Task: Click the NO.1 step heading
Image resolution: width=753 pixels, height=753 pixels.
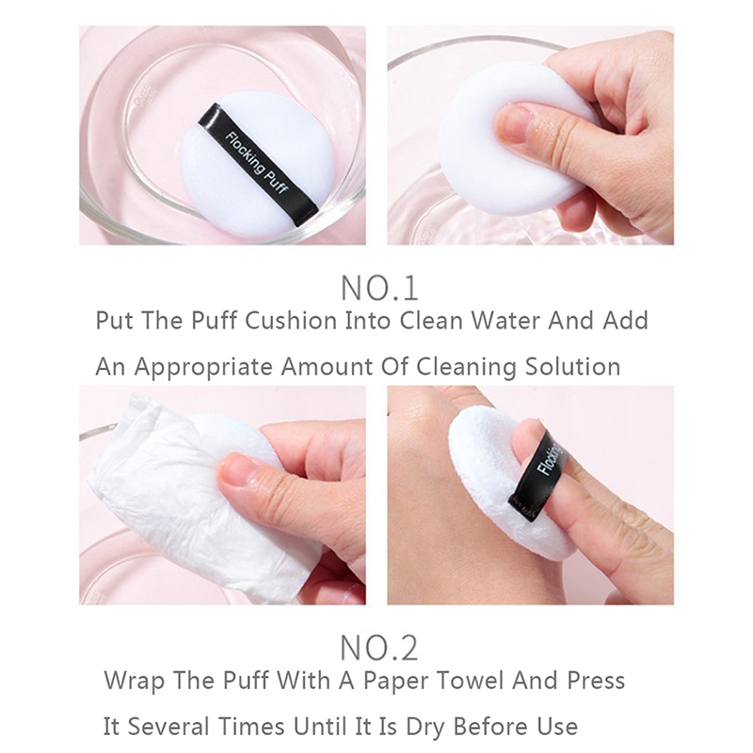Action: [379, 288]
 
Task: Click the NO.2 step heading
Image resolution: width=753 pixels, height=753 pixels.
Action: [379, 648]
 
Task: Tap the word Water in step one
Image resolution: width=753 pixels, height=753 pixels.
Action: [505, 321]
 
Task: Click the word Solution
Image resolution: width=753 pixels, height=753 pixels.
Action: [572, 367]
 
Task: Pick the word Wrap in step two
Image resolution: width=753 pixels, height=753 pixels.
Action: [134, 681]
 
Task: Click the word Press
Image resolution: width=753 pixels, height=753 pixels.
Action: [596, 681]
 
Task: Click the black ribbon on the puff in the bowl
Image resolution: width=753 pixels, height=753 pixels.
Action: [258, 164]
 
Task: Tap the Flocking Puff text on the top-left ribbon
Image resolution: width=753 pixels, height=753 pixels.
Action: [257, 163]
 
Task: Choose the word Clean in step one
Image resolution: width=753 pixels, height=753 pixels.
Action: [431, 321]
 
